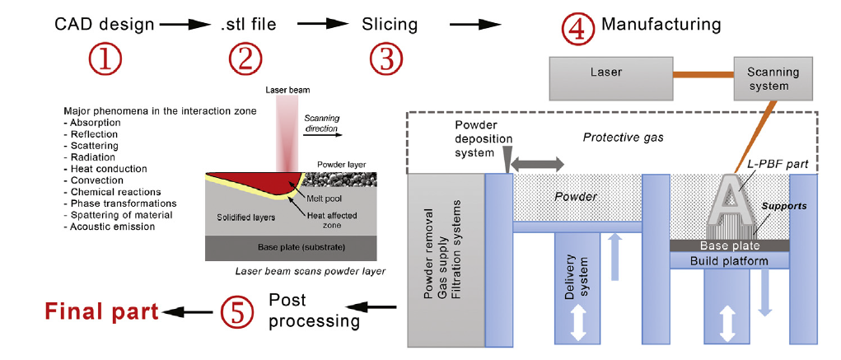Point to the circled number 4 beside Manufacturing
[578, 27]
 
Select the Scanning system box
[768, 78]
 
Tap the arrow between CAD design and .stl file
[186, 25]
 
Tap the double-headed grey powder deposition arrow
[537, 165]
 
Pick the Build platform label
[729, 260]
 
